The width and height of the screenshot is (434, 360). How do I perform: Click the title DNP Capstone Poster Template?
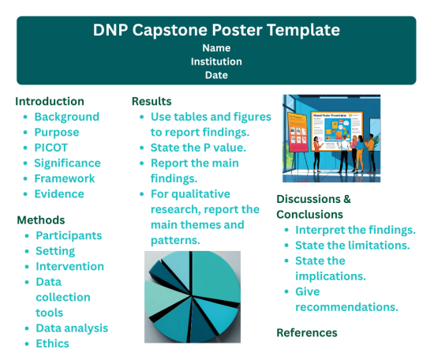(x=216, y=30)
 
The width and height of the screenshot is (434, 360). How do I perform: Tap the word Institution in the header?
(x=216, y=61)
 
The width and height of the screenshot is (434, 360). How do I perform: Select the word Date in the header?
(x=216, y=75)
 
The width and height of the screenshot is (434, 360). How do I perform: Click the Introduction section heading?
(x=50, y=101)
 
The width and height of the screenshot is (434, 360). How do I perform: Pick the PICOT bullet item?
(x=51, y=148)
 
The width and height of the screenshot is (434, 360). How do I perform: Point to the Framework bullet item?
(x=64, y=178)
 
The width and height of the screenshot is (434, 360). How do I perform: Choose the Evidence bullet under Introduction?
(x=58, y=193)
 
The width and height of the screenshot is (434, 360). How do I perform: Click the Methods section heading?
(x=40, y=219)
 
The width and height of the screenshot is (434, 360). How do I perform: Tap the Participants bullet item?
(x=69, y=235)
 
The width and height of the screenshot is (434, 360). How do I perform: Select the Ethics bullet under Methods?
(x=52, y=343)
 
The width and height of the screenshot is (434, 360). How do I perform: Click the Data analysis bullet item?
(x=72, y=328)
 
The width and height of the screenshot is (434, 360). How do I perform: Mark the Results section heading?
(x=152, y=101)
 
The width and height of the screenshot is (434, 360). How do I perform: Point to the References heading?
(x=306, y=332)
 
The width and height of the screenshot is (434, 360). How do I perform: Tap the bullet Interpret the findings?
(x=355, y=230)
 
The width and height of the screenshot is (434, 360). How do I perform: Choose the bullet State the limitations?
(x=352, y=246)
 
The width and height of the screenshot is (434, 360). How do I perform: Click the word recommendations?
(x=346, y=306)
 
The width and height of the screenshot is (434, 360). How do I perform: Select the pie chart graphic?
(x=193, y=297)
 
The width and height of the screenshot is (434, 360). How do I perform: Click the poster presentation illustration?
(x=331, y=138)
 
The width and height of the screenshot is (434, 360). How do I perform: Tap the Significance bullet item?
(x=67, y=163)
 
